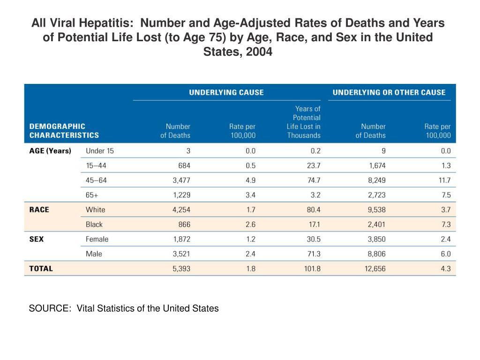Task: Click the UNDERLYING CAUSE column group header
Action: tap(226, 92)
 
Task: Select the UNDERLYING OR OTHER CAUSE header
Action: tap(389, 92)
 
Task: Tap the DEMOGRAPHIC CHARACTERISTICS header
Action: tap(64, 131)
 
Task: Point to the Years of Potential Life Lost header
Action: tap(304, 122)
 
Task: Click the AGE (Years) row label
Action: tap(50, 150)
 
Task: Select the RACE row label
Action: tap(39, 210)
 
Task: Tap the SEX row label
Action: tap(37, 239)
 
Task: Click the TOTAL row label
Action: tap(41, 269)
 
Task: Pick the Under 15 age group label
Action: tap(100, 151)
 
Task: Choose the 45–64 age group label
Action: tap(96, 180)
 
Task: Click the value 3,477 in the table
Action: tap(181, 180)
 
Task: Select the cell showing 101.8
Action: tap(312, 269)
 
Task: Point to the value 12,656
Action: tap(375, 269)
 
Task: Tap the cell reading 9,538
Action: tap(377, 210)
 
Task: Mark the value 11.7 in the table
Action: tap(444, 180)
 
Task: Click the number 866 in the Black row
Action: tap(184, 225)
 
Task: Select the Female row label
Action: tap(97, 239)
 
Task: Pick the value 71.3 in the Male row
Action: tap(314, 254)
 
